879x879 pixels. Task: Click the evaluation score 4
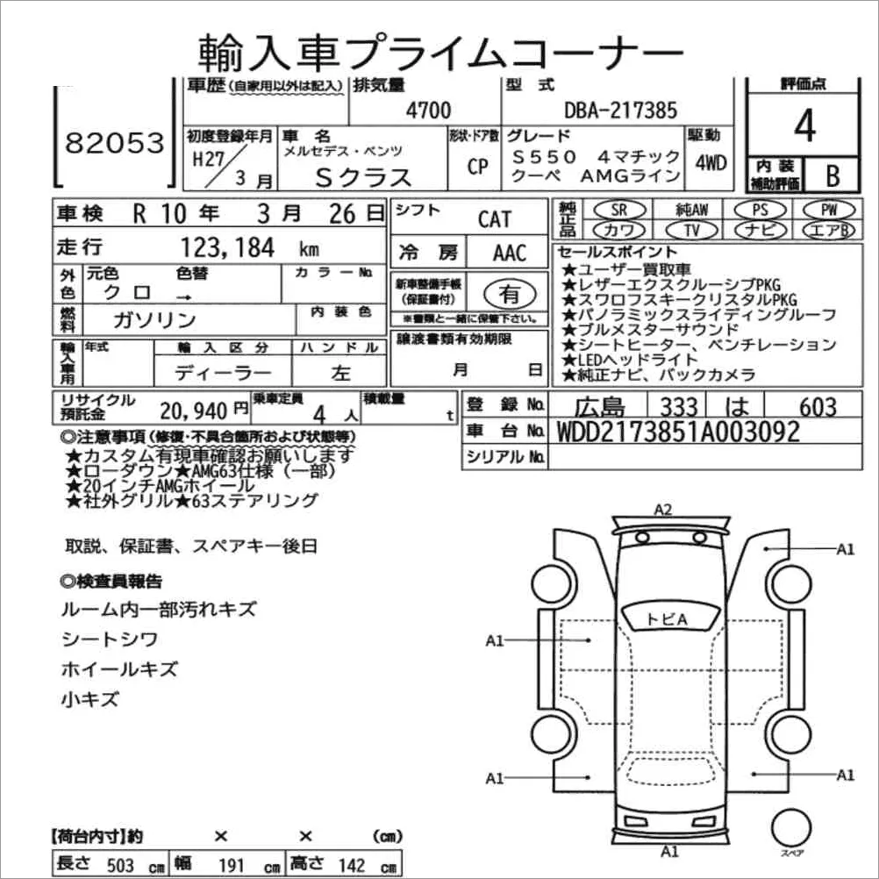(804, 125)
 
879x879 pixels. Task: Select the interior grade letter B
(833, 175)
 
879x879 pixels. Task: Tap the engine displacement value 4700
(428, 110)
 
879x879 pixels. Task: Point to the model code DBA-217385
(620, 110)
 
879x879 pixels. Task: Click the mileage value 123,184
(227, 247)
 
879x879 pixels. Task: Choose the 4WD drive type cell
(711, 162)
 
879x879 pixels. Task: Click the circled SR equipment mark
(618, 210)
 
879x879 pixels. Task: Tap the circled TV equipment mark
(691, 230)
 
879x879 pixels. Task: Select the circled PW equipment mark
(829, 210)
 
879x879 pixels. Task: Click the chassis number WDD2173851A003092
(678, 432)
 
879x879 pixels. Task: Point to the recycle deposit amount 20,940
(193, 411)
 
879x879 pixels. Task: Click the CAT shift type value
(495, 218)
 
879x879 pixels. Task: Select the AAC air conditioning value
(510, 253)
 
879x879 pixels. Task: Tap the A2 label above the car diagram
(662, 510)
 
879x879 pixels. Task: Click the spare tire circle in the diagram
(791, 828)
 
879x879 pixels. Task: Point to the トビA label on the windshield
(667, 618)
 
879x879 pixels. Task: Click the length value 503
(120, 865)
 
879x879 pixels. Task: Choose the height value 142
(352, 865)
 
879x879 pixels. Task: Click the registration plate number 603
(818, 406)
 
